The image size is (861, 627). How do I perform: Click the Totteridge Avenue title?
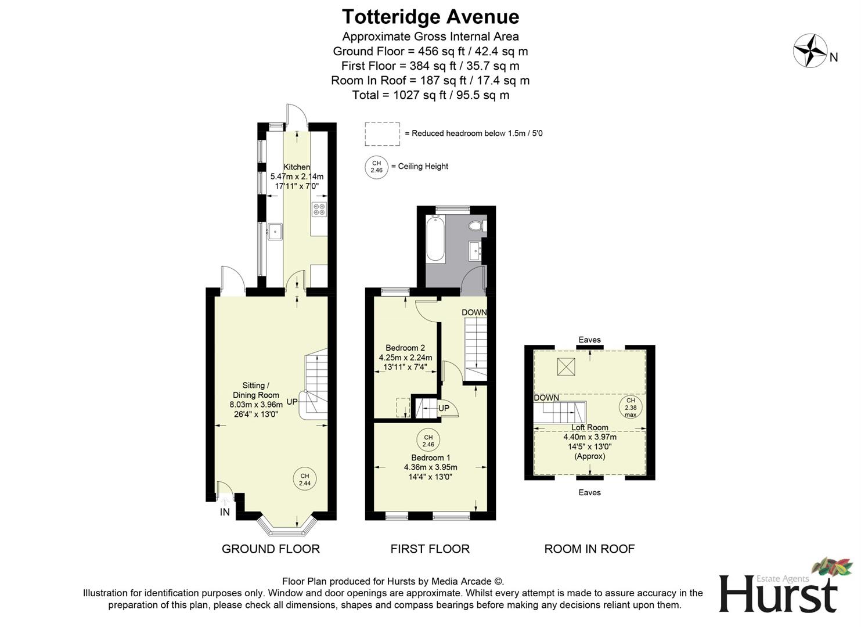click(430, 17)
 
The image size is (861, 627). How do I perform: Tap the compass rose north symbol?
click(810, 51)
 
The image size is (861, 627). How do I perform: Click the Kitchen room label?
click(297, 167)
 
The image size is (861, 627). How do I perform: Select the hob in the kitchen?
click(319, 210)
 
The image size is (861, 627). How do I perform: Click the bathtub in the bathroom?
click(435, 239)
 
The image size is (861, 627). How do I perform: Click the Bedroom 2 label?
click(405, 348)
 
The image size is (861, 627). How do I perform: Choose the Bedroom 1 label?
click(430, 457)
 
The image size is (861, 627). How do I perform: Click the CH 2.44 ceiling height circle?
click(305, 480)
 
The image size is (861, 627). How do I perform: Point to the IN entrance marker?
click(225, 512)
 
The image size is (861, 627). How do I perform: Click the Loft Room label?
click(590, 428)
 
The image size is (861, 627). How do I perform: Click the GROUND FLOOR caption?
click(271, 549)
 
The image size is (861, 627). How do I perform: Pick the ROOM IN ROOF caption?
click(589, 549)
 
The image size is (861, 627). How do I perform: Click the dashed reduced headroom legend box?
click(382, 134)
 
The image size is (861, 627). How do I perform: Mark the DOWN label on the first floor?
click(474, 312)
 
